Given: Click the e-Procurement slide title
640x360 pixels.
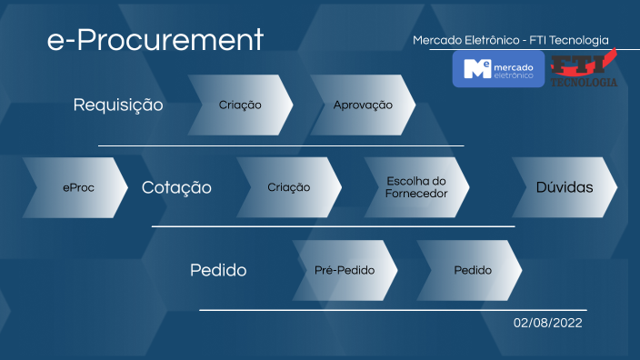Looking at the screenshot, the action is (x=155, y=39).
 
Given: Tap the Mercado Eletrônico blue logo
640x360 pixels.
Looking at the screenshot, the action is (x=498, y=69).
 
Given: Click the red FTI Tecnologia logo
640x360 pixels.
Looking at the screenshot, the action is (x=583, y=69).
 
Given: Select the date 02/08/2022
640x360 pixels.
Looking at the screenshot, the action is (x=547, y=322).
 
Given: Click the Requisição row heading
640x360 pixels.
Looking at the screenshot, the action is (x=118, y=105).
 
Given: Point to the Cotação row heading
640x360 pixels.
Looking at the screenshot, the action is (x=176, y=188).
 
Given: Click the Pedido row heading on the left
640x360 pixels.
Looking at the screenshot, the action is (x=218, y=270).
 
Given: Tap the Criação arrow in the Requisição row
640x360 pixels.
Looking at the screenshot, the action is (x=240, y=105).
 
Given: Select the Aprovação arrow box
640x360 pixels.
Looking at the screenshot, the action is (x=363, y=105).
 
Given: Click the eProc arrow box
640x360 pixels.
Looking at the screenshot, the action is (x=76, y=188).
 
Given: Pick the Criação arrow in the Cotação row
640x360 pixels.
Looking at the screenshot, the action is (x=288, y=188).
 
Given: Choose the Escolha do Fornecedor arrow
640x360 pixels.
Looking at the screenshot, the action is (x=416, y=188).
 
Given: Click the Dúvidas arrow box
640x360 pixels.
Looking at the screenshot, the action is (x=564, y=188).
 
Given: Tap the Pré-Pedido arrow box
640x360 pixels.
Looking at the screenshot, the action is (x=344, y=270).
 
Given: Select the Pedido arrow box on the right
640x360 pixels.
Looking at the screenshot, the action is (x=471, y=270).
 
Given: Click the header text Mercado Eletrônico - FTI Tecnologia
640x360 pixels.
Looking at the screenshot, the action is (x=510, y=40).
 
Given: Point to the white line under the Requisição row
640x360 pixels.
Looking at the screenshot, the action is (x=281, y=145).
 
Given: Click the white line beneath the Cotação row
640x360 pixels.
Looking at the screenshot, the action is (x=333, y=226).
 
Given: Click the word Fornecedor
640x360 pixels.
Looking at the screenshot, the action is (x=416, y=194).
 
